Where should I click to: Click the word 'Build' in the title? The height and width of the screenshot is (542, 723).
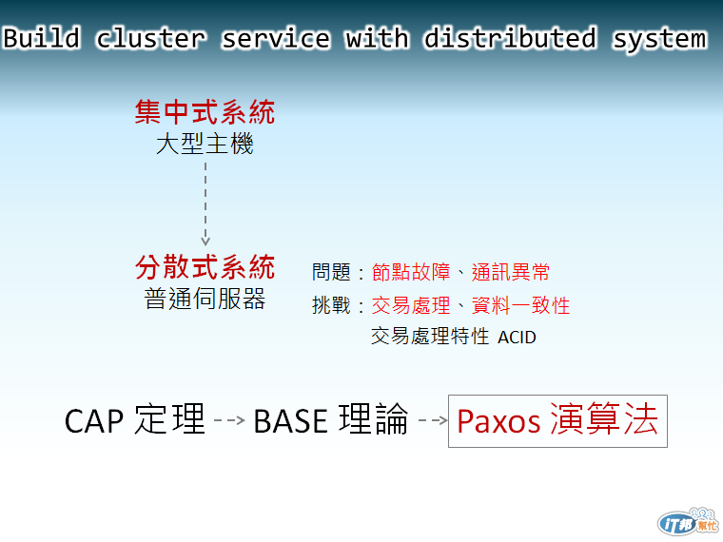[42, 38]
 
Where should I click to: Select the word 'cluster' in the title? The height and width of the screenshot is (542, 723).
[150, 38]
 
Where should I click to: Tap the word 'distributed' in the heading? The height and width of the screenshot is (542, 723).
[511, 38]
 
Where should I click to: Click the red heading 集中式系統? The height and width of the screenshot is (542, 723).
[205, 112]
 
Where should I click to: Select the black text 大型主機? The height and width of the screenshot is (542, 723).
[205, 144]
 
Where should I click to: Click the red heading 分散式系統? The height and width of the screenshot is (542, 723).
[205, 267]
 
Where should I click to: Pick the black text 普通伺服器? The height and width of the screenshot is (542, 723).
[205, 299]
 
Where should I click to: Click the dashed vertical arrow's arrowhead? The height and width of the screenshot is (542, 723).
[205, 241]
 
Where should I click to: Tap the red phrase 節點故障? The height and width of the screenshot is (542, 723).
[411, 272]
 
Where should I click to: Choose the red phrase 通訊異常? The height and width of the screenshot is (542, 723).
[511, 272]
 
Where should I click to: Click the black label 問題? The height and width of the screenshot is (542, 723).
[331, 272]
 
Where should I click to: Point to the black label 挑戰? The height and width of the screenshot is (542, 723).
[331, 305]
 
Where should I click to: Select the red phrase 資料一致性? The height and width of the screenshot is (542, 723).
[520, 305]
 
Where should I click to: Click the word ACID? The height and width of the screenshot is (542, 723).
[517, 338]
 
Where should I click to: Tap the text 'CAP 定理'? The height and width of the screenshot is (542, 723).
[135, 419]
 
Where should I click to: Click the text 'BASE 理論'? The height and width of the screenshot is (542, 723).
[331, 419]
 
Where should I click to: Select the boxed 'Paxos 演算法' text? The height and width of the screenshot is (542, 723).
[557, 419]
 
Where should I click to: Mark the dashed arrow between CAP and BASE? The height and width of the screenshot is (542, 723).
[229, 420]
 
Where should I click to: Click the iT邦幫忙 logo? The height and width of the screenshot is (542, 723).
[689, 523]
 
